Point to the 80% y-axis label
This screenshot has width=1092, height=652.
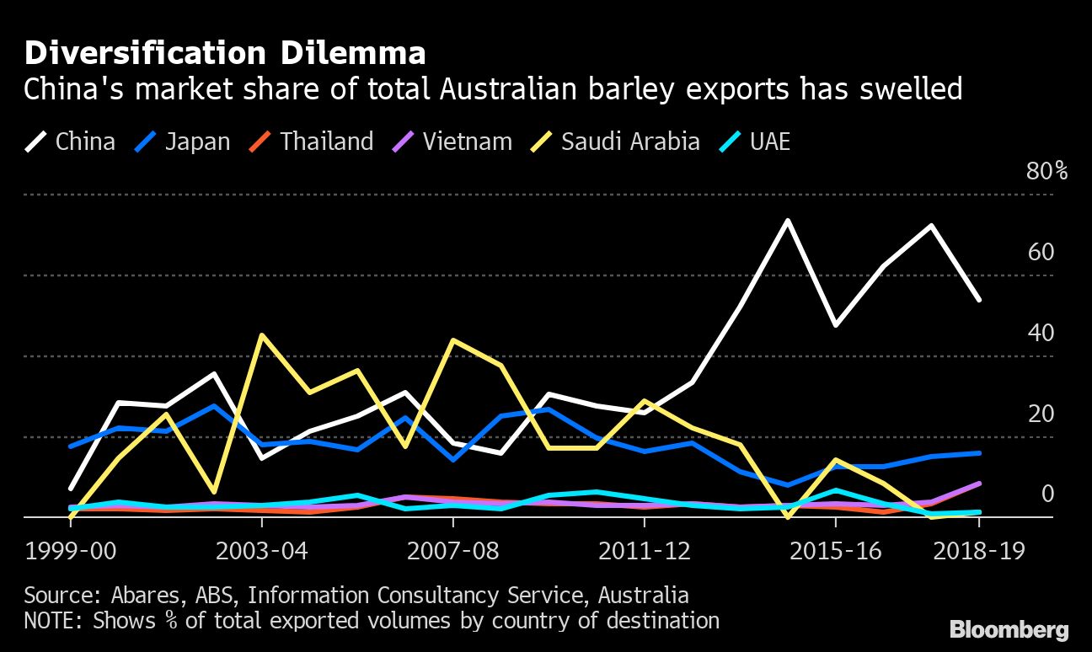click(1046, 172)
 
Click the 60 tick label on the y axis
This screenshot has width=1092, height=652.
click(1041, 252)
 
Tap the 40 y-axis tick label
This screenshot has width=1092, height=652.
click(1041, 333)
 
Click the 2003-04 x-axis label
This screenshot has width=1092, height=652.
click(262, 552)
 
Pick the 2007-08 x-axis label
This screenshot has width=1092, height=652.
click(453, 552)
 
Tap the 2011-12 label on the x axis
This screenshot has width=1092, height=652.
click(645, 552)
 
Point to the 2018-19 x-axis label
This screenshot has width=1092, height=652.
click(979, 552)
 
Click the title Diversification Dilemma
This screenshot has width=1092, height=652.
click(224, 54)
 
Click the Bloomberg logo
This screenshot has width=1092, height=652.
click(1009, 629)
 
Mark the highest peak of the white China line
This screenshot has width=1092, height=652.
click(787, 221)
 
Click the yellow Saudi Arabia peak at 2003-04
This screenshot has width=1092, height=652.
click(262, 335)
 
